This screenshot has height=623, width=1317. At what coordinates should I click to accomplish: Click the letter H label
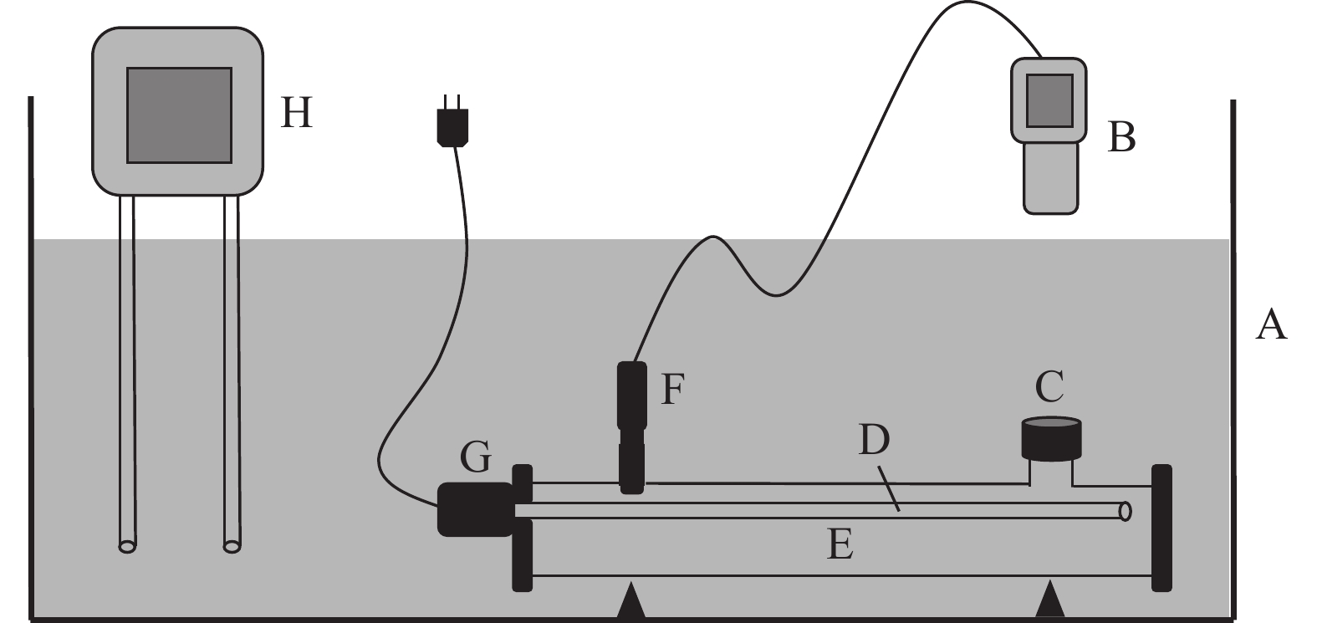[x=296, y=113]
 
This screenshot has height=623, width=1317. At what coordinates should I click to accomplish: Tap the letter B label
[x=1120, y=137]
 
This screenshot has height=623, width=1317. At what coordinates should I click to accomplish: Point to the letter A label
[x=1271, y=324]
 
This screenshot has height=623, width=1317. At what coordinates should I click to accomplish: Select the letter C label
[x=1049, y=387]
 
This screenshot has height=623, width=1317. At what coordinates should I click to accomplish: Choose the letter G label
[x=475, y=458]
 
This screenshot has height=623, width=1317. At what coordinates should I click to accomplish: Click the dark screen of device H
[x=179, y=115]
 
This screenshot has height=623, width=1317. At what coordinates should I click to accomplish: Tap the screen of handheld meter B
[x=1049, y=100]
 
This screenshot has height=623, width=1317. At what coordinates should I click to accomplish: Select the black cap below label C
[x=1051, y=440]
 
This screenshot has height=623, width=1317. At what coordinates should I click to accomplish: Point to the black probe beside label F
[x=631, y=426]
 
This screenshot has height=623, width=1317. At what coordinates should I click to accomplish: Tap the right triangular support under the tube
[x=1051, y=602]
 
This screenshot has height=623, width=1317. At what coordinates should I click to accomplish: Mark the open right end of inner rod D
[x=1126, y=509]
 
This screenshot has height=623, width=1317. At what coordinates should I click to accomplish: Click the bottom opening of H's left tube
[x=126, y=547]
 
